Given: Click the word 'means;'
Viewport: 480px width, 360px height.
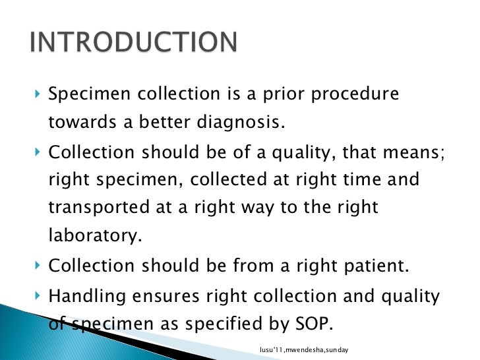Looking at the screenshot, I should pyautogui.click(x=413, y=152).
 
